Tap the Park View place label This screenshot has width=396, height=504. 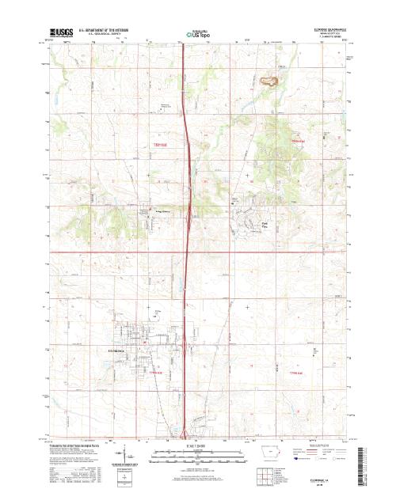[x=266, y=226]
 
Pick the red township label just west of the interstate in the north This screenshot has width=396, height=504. [x=162, y=144]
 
